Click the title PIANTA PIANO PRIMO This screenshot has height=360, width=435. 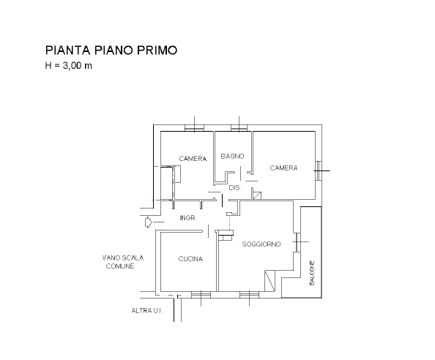coord(111,50)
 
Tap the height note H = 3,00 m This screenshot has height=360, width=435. coord(69,66)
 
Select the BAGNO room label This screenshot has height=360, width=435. coord(232,157)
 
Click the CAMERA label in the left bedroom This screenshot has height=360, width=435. coord(193,159)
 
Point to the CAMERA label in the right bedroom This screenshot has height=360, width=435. coord(284,168)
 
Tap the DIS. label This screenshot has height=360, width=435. coord(235,188)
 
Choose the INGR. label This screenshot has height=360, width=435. coord(188,218)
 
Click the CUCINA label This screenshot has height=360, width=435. coord(190,259)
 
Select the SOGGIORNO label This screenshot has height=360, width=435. coord(261,244)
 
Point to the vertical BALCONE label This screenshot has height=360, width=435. coord(312,273)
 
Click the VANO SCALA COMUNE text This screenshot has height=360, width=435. coord(122,262)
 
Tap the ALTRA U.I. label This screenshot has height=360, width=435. coord(147,311)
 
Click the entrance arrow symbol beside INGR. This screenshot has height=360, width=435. coord(149,222)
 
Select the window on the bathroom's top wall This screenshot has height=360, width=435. coord(239,128)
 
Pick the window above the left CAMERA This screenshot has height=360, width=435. coord(195,128)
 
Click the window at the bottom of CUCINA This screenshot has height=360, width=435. coord(201,295)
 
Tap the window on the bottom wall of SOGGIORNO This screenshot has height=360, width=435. coord(249,295)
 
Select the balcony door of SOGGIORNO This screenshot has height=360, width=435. coord(297,242)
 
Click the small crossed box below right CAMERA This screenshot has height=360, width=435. coord(257,195)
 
